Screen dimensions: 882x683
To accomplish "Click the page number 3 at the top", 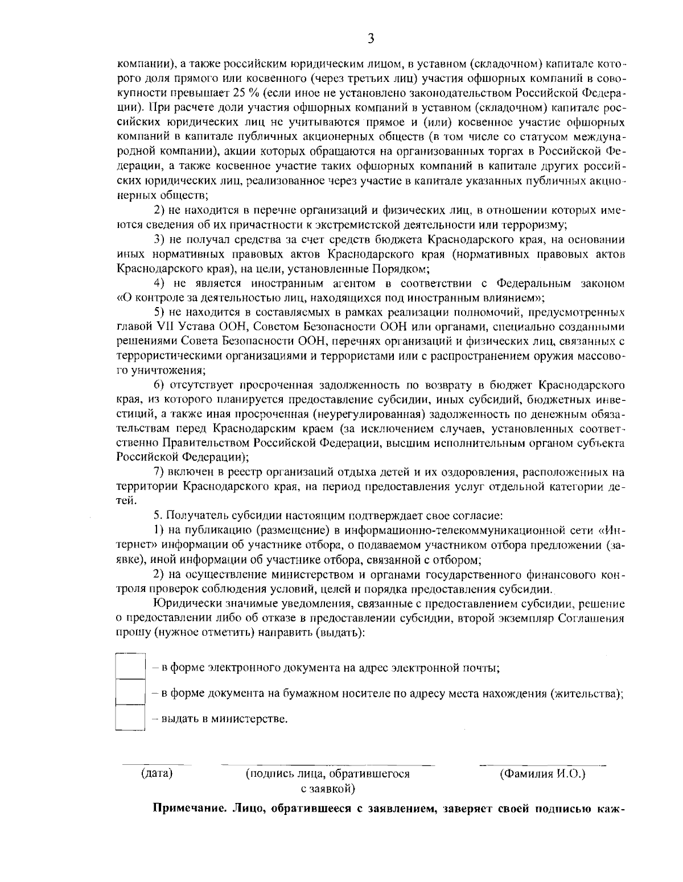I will click(x=371, y=39).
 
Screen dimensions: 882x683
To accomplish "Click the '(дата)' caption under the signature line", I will click(x=157, y=773).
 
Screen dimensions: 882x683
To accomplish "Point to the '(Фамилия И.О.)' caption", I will click(x=542, y=773).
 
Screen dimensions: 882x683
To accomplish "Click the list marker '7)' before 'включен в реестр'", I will click(x=160, y=472).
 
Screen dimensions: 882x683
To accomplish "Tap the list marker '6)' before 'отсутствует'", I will click(x=160, y=384).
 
